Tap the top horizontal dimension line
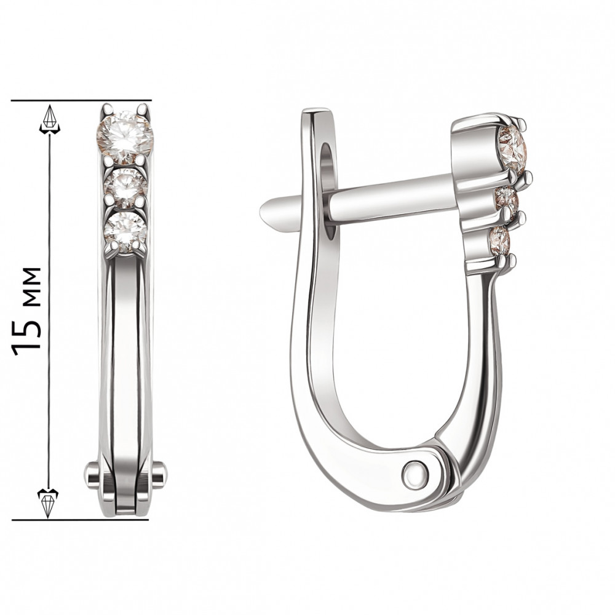[x=81, y=100]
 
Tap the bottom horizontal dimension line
[x=81, y=520]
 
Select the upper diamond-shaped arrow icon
[x=50, y=119]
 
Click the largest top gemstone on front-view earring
[x=125, y=137]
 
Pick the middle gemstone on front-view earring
[x=125, y=188]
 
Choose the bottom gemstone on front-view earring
[x=125, y=232]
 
